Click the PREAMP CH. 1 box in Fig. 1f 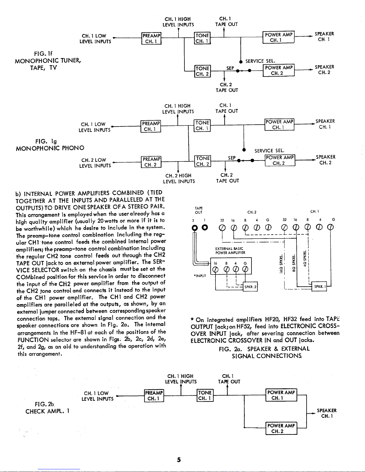(151, 38)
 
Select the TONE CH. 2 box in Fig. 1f (202, 71)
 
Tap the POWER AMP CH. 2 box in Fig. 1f (279, 70)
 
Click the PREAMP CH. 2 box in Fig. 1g (151, 162)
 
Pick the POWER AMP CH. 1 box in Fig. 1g (279, 124)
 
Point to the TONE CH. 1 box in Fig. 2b (205, 395)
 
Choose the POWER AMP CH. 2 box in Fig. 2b (281, 429)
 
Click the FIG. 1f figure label (43, 54)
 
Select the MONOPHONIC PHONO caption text (50, 148)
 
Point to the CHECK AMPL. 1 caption (48, 411)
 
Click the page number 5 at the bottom (179, 460)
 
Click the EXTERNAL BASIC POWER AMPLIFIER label (230, 250)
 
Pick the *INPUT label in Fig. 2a (200, 276)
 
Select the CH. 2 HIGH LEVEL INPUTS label (179, 178)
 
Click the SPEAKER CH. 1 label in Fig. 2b (327, 413)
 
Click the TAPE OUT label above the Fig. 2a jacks (199, 210)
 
